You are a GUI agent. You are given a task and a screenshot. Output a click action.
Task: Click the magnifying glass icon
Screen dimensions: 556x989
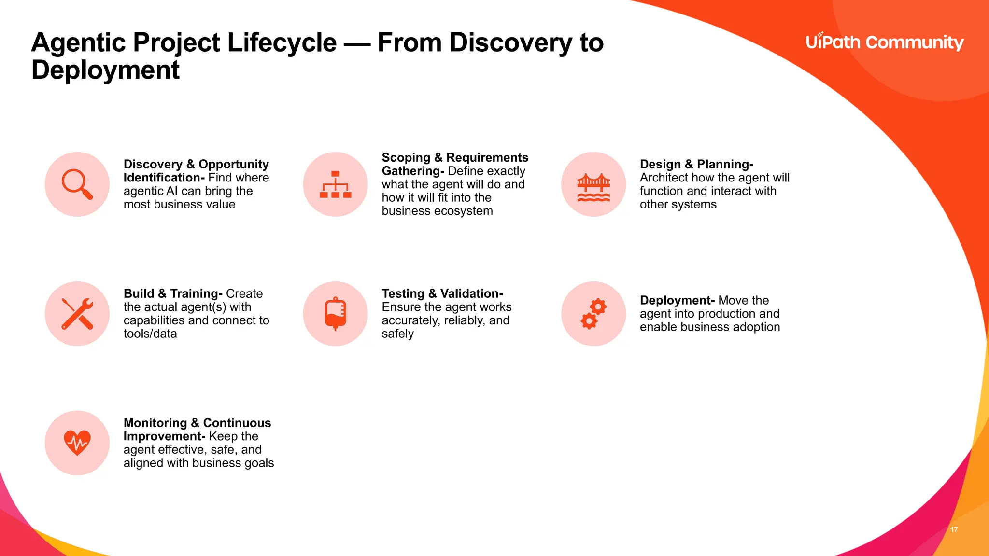77,184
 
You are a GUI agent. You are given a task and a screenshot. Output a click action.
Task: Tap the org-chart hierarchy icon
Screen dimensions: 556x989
335,184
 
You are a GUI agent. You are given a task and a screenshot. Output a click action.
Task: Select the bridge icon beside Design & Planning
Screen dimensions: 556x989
593,187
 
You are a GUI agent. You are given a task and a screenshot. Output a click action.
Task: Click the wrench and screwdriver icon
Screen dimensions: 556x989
77,314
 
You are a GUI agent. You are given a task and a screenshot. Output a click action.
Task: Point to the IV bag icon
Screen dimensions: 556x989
335,314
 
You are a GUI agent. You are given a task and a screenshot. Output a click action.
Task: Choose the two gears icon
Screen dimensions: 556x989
593,314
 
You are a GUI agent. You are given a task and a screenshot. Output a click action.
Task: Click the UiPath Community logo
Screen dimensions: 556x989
884,42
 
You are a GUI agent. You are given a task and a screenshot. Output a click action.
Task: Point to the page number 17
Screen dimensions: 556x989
954,529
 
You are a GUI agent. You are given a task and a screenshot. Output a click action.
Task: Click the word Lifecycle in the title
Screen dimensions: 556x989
282,42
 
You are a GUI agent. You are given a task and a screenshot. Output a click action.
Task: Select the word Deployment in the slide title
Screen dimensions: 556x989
105,70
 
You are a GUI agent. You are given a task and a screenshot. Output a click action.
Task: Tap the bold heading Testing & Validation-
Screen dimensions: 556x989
442,293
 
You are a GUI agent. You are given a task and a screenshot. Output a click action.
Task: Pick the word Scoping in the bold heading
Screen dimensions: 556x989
406,158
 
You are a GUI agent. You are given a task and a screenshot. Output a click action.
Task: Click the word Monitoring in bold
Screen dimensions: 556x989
155,423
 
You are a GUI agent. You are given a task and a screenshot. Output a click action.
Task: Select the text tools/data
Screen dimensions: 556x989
150,334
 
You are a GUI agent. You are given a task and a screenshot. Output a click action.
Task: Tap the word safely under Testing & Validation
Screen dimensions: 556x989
397,334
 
